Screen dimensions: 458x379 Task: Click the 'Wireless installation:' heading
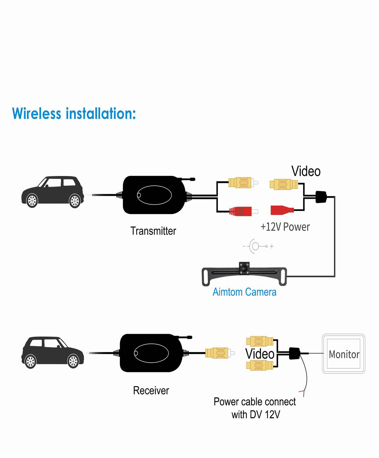pyautogui.click(x=74, y=114)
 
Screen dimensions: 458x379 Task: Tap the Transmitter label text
pyautogui.click(x=153, y=231)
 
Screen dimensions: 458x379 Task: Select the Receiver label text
pyautogui.click(x=151, y=390)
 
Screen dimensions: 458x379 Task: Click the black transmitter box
pyautogui.click(x=154, y=195)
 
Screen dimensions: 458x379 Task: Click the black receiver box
pyautogui.click(x=151, y=353)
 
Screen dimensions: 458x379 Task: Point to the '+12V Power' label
pyautogui.click(x=285, y=227)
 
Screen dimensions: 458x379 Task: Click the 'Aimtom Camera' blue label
pyautogui.click(x=244, y=292)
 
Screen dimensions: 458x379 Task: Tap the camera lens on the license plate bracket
pyautogui.click(x=244, y=268)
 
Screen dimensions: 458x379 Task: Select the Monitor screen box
pyautogui.click(x=344, y=354)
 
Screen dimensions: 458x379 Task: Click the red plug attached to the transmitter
pyautogui.click(x=242, y=211)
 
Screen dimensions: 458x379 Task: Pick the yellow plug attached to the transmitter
pyautogui.click(x=241, y=183)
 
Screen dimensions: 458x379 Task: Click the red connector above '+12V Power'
pyautogui.click(x=281, y=210)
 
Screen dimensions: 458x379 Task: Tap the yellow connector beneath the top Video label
pyautogui.click(x=283, y=184)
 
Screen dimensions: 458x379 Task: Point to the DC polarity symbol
pyautogui.click(x=257, y=246)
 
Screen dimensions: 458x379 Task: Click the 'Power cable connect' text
pyautogui.click(x=255, y=402)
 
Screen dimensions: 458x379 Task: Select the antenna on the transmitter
pyautogui.click(x=188, y=179)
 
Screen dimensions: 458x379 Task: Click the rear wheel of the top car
pyautogui.click(x=75, y=201)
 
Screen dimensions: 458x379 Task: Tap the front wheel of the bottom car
pyautogui.click(x=73, y=361)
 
